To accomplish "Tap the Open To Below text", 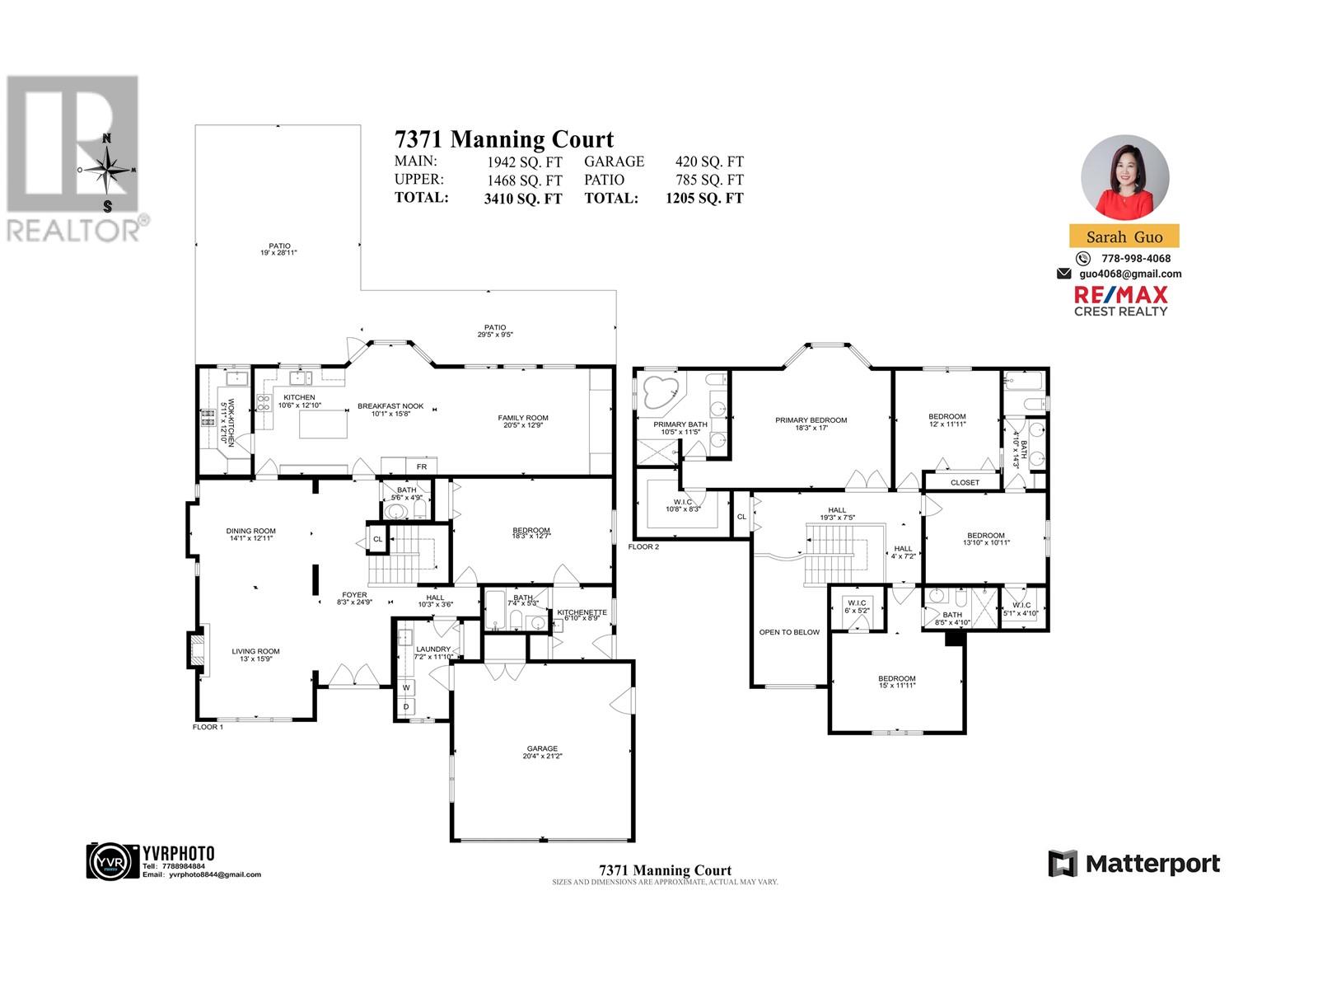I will click(x=789, y=632).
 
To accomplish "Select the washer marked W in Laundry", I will click(x=406, y=687).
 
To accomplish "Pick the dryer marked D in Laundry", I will click(x=406, y=707).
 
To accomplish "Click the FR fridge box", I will click(x=421, y=466).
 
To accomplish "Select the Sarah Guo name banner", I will click(x=1124, y=237).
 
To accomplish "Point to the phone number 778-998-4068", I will click(x=1135, y=258).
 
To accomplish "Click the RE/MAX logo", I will click(x=1120, y=300).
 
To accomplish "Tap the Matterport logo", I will click(x=1133, y=864).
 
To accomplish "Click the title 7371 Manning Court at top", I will click(x=504, y=139).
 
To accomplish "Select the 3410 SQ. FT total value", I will click(x=523, y=199).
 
